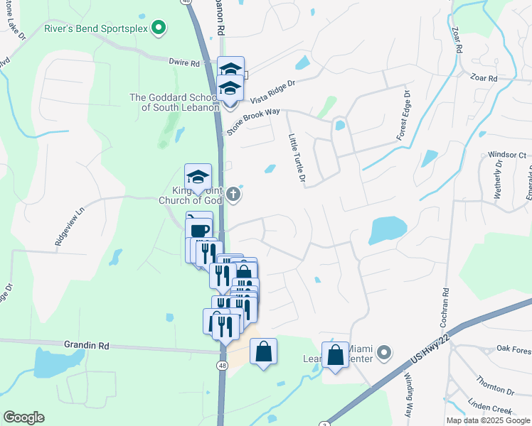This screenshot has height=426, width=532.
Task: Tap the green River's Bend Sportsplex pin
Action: [160, 29]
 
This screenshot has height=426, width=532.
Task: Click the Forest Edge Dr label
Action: [403, 115]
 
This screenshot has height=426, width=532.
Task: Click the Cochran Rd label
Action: [446, 294]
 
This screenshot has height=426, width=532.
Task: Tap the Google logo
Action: [23, 417]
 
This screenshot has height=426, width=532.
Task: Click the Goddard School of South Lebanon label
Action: [174, 102]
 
